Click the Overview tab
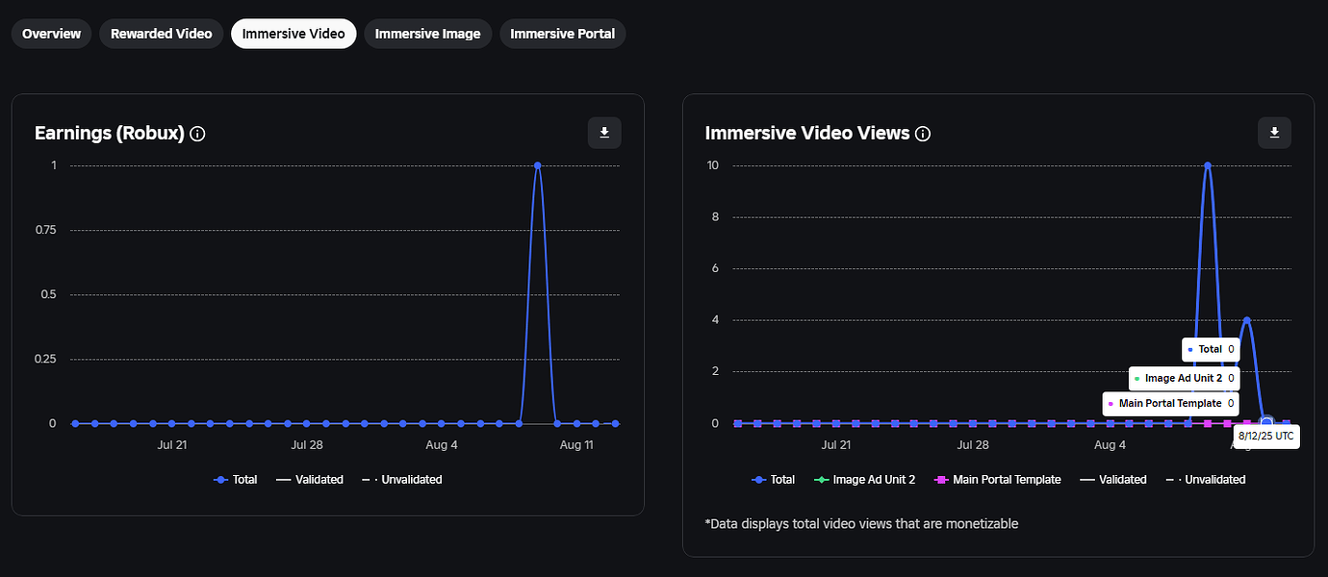[x=52, y=34]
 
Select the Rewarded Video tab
[x=161, y=34]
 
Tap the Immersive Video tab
[x=294, y=34]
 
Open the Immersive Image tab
[x=427, y=34]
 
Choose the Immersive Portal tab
[x=562, y=34]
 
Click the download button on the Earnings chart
[x=604, y=133]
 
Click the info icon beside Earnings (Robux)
[x=198, y=134]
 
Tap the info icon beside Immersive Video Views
[x=923, y=134]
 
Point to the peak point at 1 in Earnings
[x=537, y=165]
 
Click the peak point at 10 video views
[x=1208, y=165]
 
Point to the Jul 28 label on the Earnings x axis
[x=306, y=445]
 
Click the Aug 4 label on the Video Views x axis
[x=1111, y=445]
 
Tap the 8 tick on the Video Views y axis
[x=714, y=217]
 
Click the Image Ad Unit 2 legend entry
[x=864, y=479]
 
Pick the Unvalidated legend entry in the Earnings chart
[x=402, y=479]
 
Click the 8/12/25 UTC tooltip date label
[x=1265, y=437]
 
